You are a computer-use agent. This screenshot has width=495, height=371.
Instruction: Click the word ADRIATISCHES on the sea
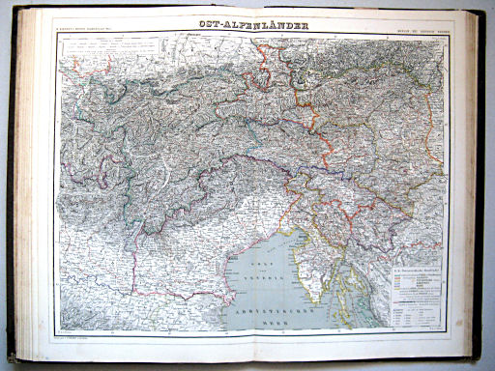coord(270,310)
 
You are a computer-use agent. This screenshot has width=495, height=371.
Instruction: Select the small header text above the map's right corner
coord(419,29)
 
